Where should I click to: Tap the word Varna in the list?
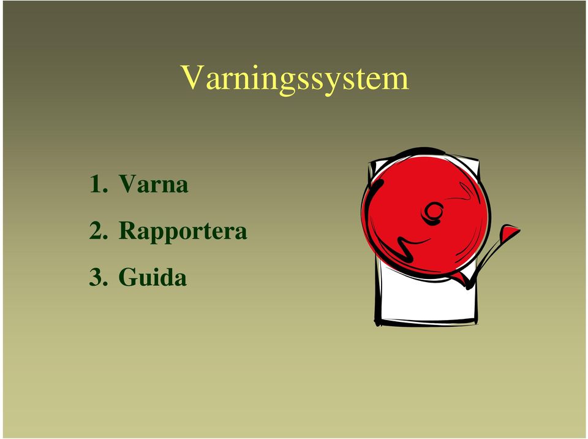[153, 183]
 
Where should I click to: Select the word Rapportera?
[183, 231]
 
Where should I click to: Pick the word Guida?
[153, 277]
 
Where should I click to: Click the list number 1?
[98, 184]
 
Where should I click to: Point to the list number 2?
[98, 230]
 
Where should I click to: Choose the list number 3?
[98, 277]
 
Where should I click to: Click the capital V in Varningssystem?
[193, 77]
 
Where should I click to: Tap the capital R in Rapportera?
[129, 230]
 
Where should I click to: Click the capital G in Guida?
[128, 277]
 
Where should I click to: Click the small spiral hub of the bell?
[433, 212]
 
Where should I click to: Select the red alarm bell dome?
[426, 214]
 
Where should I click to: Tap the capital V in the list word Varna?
[128, 184]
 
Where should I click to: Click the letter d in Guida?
[166, 277]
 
